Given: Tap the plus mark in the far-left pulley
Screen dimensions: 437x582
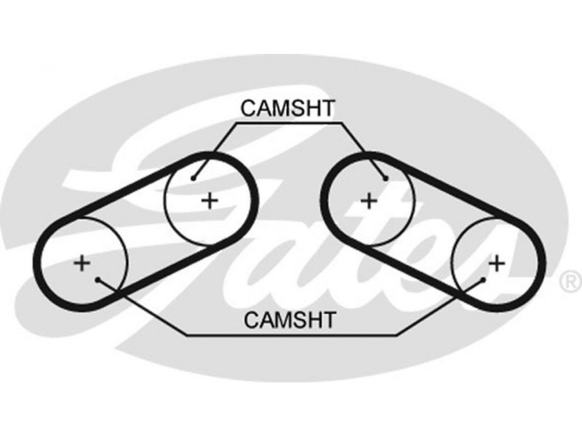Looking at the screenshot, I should [x=82, y=262].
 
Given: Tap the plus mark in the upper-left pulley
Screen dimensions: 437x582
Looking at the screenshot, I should [x=210, y=200].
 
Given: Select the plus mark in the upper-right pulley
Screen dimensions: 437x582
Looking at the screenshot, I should [x=369, y=199].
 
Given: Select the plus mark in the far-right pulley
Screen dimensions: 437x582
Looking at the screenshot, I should [x=497, y=262].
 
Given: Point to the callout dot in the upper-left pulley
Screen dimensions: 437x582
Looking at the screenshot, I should [x=194, y=178].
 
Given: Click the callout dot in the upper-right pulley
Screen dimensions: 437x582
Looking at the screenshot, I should [x=386, y=178].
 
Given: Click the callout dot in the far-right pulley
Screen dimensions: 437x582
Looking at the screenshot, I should [x=482, y=279].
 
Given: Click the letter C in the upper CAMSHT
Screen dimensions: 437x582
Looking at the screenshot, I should [x=247, y=109].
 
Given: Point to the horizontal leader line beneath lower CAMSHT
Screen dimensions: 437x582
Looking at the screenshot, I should [x=291, y=335].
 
